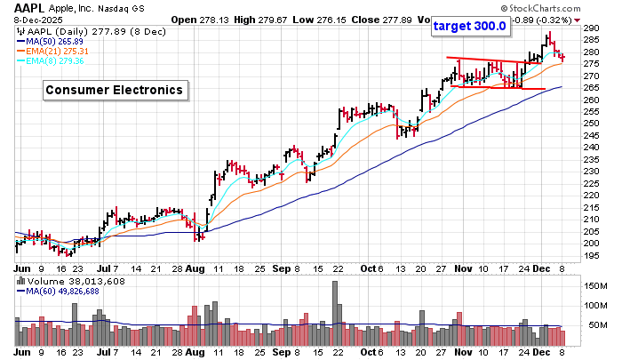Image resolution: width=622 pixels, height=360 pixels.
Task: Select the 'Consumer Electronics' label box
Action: click(x=115, y=90)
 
